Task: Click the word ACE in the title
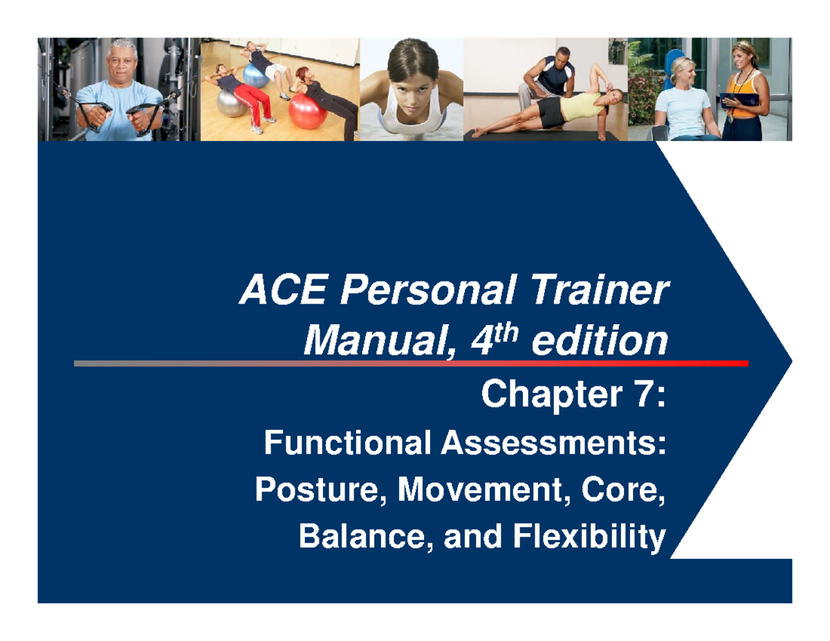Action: pyautogui.click(x=269, y=293)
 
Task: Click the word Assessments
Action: pyautogui.click(x=550, y=442)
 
